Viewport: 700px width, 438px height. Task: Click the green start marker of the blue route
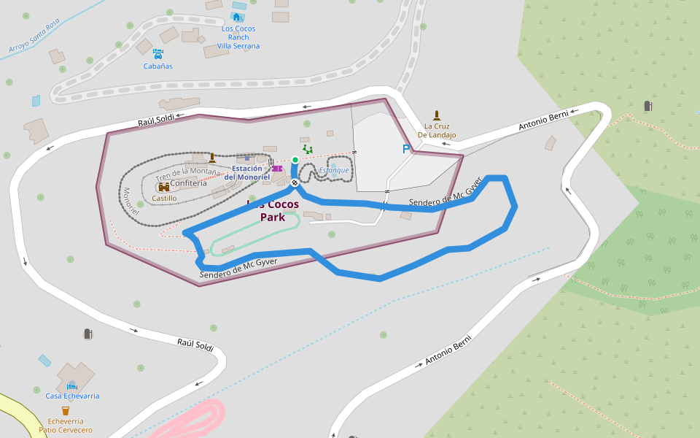295,159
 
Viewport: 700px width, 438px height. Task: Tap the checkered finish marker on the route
295,182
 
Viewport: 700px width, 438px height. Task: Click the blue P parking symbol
406,149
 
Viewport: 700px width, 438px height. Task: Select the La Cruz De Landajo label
437,131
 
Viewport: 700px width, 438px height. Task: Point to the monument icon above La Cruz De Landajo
437,115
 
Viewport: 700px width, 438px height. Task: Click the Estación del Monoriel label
247,173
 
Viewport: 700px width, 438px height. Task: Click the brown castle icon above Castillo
164,188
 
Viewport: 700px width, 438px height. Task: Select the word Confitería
188,183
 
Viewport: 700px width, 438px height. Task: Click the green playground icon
307,149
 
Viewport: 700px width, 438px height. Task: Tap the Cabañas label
158,66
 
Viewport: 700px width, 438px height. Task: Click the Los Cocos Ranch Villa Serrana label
238,37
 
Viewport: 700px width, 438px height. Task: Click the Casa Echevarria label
72,396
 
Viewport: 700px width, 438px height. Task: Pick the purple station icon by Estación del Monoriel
276,169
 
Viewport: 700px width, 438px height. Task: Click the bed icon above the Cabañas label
158,53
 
